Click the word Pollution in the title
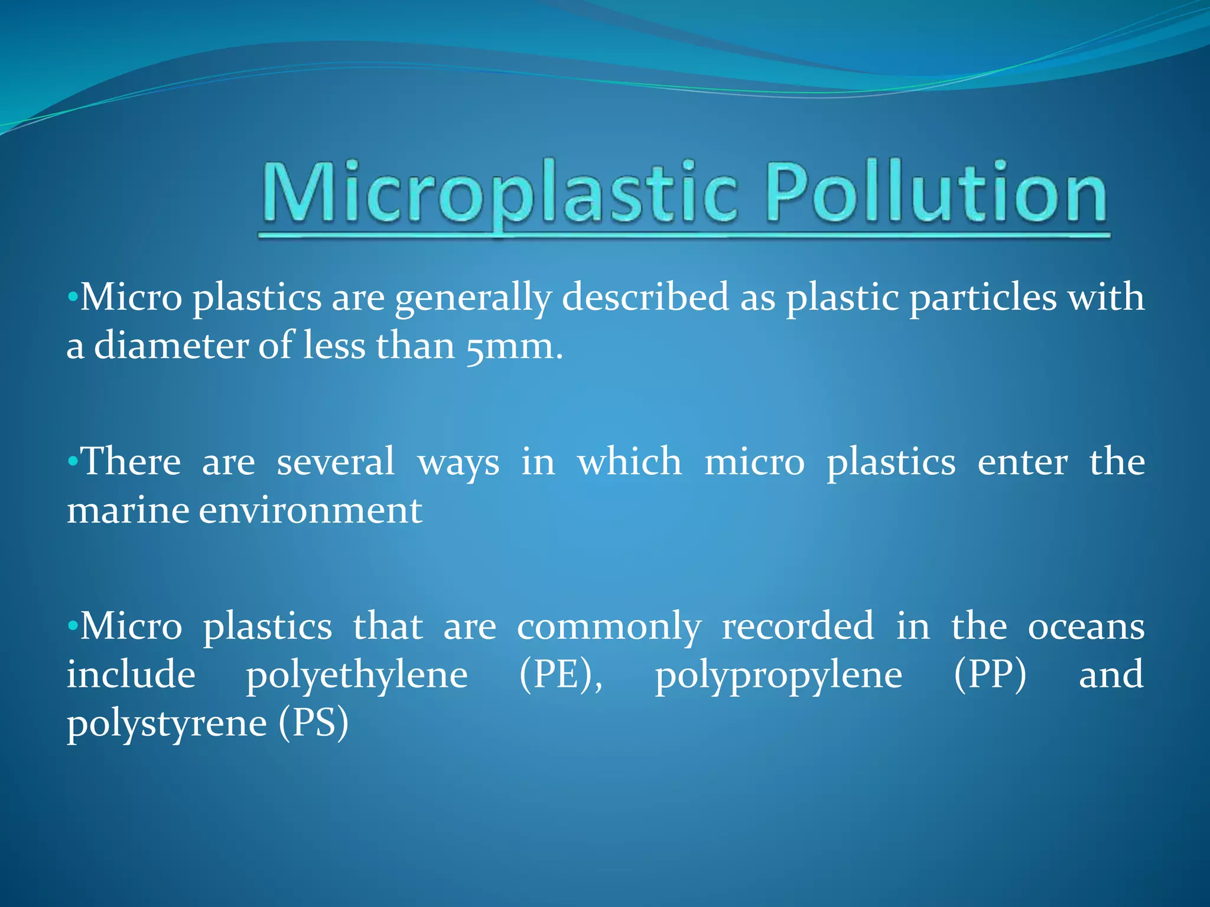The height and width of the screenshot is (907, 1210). point(936,192)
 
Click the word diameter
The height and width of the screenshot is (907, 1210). point(171,346)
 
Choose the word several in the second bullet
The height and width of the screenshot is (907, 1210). point(336,462)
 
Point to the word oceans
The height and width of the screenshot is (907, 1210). point(1086,627)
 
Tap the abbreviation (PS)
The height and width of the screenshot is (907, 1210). point(313,724)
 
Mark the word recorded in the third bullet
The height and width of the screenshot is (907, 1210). point(798,627)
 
